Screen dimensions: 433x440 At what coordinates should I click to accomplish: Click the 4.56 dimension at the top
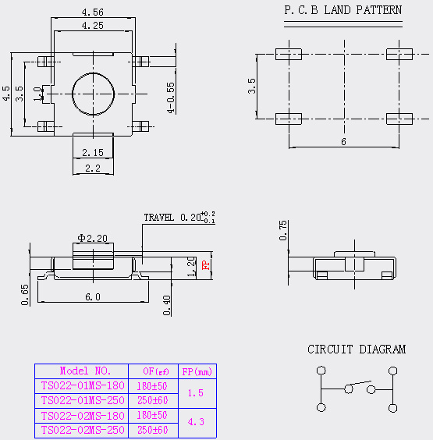pos(93,12)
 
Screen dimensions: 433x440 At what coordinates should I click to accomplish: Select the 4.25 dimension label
pos(93,26)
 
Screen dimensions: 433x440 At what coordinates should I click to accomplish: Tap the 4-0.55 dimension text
pos(171,98)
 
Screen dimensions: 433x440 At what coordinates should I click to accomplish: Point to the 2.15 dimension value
pos(93,153)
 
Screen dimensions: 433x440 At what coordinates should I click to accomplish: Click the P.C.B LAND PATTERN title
pos(343,10)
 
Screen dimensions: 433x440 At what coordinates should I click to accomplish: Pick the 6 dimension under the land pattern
pos(343,142)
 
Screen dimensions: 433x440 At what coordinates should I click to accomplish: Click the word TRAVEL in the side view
pos(159,218)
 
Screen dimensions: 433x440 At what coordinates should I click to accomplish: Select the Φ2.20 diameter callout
pos(93,238)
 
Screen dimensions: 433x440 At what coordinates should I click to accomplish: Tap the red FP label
pos(206,265)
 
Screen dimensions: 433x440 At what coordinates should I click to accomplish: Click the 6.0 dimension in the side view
pos(93,297)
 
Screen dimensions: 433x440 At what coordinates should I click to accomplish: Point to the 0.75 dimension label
pos(283,230)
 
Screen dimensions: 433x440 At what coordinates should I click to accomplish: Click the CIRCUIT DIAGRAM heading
pos(357,350)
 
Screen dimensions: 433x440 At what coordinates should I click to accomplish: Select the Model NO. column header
pos(85,371)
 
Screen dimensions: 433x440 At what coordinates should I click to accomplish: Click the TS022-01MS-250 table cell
pos(83,400)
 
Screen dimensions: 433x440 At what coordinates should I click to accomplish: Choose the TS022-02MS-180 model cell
pos(83,416)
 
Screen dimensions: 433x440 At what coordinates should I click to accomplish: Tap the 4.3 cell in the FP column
pos(196,422)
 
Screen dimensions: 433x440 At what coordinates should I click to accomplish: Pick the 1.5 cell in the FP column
pos(196,393)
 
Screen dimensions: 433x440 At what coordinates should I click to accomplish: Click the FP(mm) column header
pos(197,372)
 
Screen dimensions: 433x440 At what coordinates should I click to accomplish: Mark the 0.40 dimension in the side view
pos(167,305)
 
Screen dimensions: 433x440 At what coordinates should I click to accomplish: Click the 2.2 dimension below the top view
pos(93,169)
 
